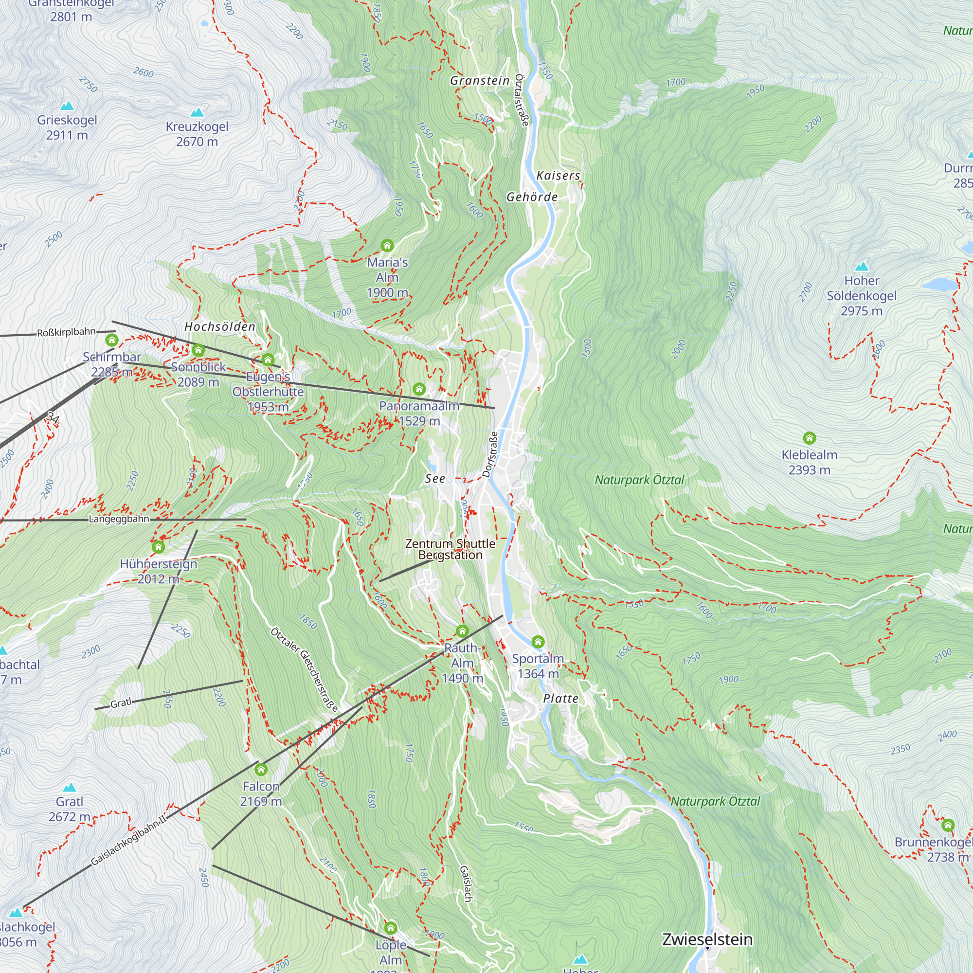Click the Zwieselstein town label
point(706,939)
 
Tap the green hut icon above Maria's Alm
point(387,245)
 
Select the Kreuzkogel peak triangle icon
point(197,112)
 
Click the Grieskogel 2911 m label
point(67,127)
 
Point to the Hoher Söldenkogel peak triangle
point(862,267)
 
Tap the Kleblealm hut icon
point(809,438)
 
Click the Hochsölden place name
point(219,326)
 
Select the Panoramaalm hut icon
point(419,389)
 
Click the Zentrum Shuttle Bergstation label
point(450,549)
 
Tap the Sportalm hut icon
point(538,642)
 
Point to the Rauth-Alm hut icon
point(462,631)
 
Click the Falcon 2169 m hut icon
point(260,769)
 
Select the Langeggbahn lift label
point(119,519)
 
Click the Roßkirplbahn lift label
point(66,332)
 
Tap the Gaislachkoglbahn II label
point(128,841)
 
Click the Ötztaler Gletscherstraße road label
point(304,669)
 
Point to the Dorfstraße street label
point(489,454)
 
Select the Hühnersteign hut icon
point(158,547)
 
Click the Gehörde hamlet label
point(532,197)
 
